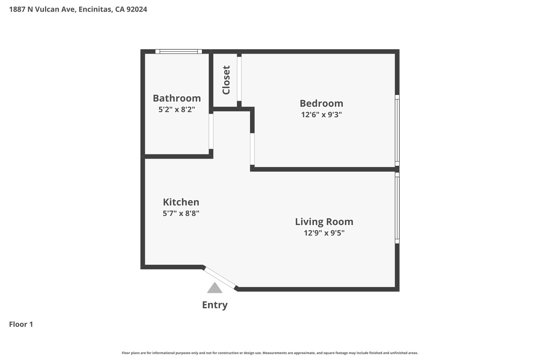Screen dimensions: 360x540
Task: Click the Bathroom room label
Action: pyautogui.click(x=177, y=98)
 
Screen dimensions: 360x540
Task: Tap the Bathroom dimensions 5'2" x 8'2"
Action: pyautogui.click(x=177, y=109)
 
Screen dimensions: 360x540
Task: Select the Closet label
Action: pyautogui.click(x=226, y=80)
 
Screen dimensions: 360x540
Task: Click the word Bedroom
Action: pyautogui.click(x=321, y=103)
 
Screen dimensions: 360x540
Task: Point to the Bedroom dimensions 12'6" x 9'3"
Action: pyautogui.click(x=321, y=115)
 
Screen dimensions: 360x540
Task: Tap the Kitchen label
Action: pyautogui.click(x=181, y=202)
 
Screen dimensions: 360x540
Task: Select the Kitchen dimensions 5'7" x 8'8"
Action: pyautogui.click(x=181, y=213)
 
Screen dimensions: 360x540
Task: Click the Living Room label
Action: pyautogui.click(x=324, y=222)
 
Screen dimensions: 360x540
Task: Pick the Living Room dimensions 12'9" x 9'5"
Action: pyautogui.click(x=324, y=233)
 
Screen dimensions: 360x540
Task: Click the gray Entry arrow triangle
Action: pyautogui.click(x=215, y=289)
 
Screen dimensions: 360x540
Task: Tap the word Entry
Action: pyautogui.click(x=215, y=305)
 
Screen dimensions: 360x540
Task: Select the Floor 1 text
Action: pyautogui.click(x=21, y=324)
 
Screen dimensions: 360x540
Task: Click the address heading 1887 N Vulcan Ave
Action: pyautogui.click(x=78, y=9)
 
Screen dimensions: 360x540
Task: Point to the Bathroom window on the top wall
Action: pyautogui.click(x=179, y=51)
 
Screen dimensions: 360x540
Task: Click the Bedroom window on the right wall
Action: pyautogui.click(x=397, y=130)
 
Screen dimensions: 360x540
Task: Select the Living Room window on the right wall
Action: pyautogui.click(x=397, y=208)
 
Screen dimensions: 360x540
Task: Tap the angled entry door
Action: pyautogui.click(x=220, y=277)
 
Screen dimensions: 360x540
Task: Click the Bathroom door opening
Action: pyautogui.click(x=211, y=131)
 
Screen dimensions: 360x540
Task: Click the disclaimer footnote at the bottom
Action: pyautogui.click(x=270, y=353)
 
